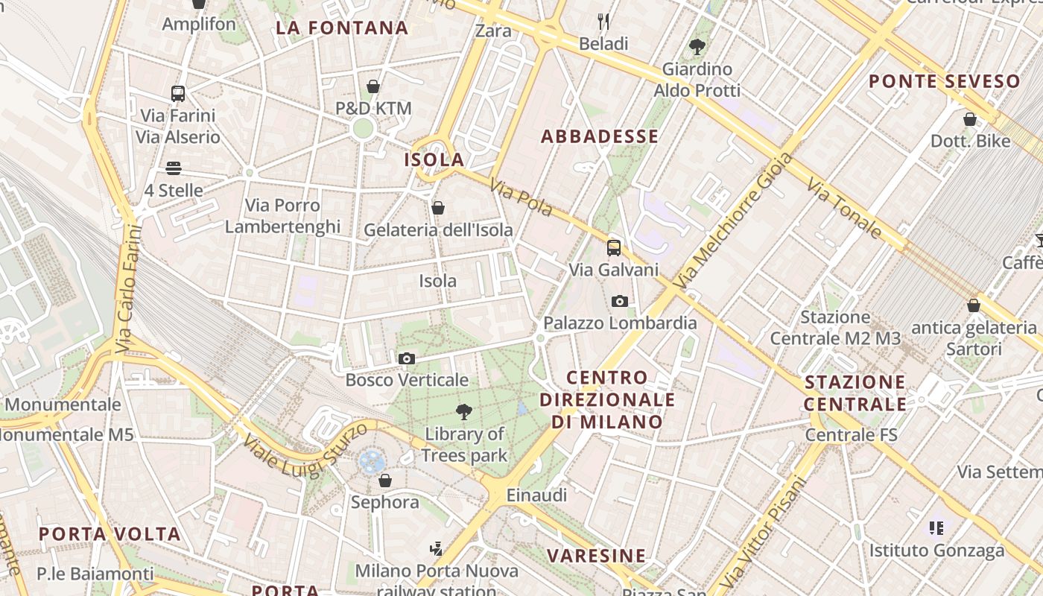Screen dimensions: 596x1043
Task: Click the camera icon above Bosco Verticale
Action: point(406,358)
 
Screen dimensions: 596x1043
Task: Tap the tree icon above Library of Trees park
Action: point(464,411)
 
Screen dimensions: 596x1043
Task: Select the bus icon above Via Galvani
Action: point(614,248)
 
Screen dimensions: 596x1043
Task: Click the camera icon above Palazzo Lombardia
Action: point(619,301)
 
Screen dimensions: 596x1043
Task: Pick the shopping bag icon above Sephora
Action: point(385,481)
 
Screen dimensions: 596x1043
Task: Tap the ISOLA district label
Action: point(434,159)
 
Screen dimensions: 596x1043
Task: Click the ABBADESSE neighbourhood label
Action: point(600,136)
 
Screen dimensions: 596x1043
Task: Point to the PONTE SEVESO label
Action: point(944,81)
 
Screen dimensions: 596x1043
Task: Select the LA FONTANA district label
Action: point(342,28)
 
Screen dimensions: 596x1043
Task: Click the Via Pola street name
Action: point(521,197)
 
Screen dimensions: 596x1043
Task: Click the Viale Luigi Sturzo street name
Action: point(305,449)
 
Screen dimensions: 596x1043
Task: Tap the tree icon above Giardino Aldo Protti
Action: point(697,47)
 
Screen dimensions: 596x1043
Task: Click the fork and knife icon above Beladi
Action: point(603,22)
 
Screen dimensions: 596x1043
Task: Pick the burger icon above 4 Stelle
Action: point(174,168)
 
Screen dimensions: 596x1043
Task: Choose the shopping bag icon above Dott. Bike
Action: point(970,119)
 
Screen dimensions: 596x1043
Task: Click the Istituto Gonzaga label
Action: point(936,551)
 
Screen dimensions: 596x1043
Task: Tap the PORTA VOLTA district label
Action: point(110,534)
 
